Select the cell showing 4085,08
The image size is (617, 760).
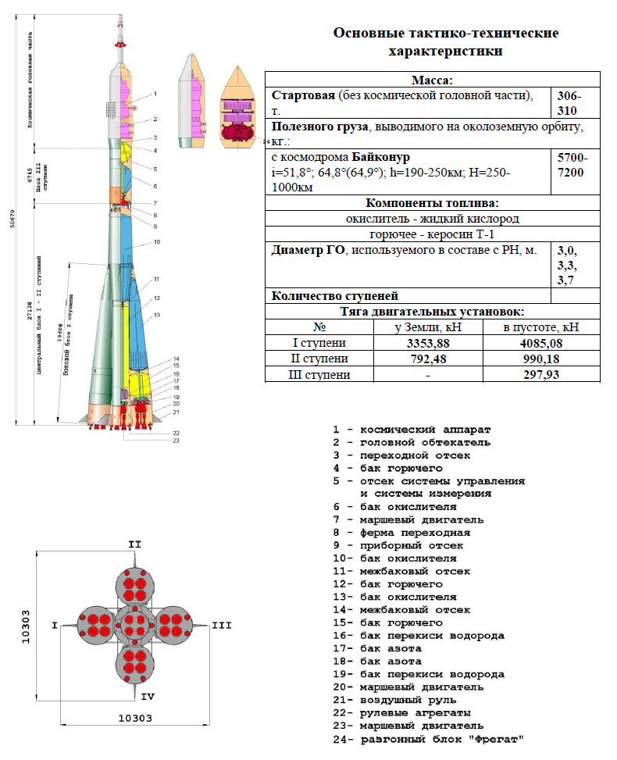coord(541,343)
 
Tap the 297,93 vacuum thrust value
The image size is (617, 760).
coord(541,375)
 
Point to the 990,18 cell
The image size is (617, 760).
coord(541,359)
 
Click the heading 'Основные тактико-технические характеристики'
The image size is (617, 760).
coord(446,42)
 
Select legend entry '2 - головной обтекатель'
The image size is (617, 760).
coord(412,442)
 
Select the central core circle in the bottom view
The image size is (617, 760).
coord(134,625)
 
